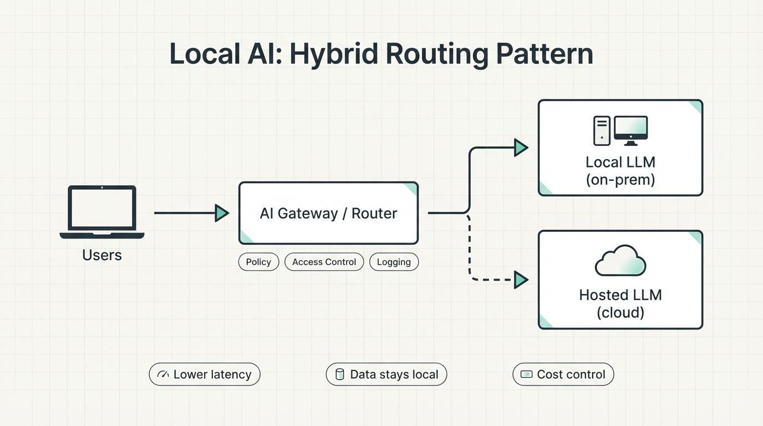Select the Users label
pyautogui.click(x=102, y=255)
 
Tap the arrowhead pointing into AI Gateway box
pyautogui.click(x=221, y=213)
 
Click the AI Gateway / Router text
pyautogui.click(x=328, y=214)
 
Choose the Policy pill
pyautogui.click(x=258, y=262)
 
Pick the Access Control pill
pyautogui.click(x=324, y=262)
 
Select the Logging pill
pyautogui.click(x=394, y=262)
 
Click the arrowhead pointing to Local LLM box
pyautogui.click(x=520, y=148)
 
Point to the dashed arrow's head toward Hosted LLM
pyautogui.click(x=520, y=280)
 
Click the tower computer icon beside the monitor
pyautogui.click(x=602, y=131)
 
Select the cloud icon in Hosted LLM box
pyautogui.click(x=620, y=261)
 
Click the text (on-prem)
pyautogui.click(x=620, y=180)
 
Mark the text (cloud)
pyautogui.click(x=620, y=312)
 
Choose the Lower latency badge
pyautogui.click(x=205, y=374)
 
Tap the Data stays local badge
pyautogui.click(x=386, y=374)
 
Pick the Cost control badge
pyautogui.click(x=563, y=374)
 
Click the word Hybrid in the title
pyautogui.click(x=332, y=54)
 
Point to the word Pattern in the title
pyautogui.click(x=544, y=54)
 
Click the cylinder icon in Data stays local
pyautogui.click(x=340, y=374)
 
